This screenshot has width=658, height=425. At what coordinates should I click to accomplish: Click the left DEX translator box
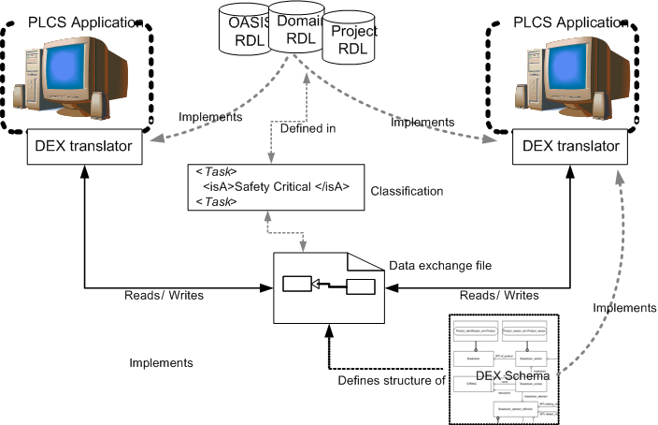[85, 147]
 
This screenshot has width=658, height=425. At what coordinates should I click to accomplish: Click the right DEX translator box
[569, 147]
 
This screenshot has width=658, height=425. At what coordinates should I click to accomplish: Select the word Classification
[407, 191]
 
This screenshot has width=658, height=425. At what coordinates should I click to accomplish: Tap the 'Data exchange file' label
[442, 266]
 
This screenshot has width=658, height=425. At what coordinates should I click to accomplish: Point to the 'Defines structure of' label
[391, 380]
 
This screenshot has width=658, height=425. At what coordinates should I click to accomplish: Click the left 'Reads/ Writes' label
[164, 295]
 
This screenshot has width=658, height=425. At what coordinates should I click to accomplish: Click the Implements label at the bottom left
[161, 362]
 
